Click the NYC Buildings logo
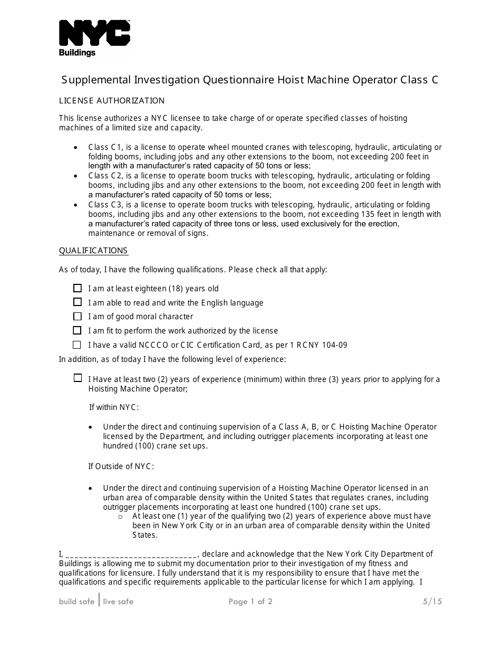[x=94, y=38]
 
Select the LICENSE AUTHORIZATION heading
[x=112, y=101]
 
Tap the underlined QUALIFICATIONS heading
[x=93, y=251]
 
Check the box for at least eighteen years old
[x=78, y=288]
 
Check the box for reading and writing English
[x=78, y=302]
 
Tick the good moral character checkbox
[x=78, y=317]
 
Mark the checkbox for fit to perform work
[x=78, y=331]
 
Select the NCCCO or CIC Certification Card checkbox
[x=78, y=345]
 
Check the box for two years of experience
[x=78, y=378]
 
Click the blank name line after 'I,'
[x=131, y=555]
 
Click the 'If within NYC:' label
[x=113, y=407]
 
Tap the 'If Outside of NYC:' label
[x=121, y=466]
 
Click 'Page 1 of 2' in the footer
[x=250, y=602]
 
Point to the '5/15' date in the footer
[x=432, y=602]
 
